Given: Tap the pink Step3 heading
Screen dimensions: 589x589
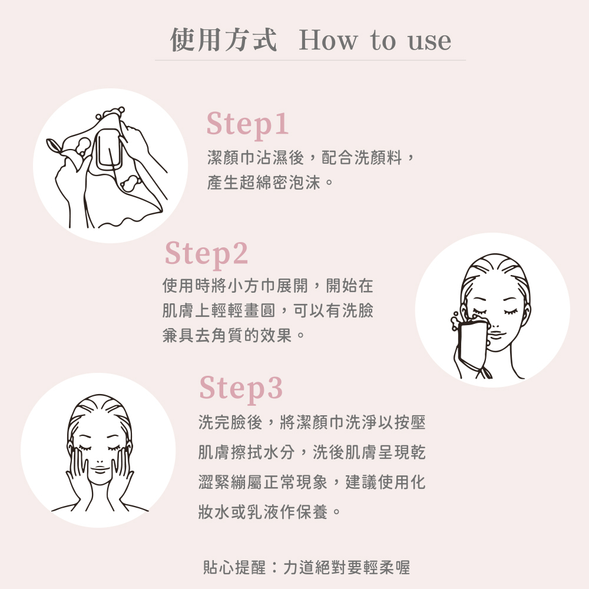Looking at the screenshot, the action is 241,389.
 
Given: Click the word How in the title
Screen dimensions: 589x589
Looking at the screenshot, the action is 328,40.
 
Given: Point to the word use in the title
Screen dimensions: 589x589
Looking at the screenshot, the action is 429,41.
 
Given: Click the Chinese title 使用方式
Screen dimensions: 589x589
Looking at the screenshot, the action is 223,39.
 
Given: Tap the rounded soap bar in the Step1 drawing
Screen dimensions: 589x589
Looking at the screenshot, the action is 108,150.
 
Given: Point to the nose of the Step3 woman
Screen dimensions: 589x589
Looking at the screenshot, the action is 100,460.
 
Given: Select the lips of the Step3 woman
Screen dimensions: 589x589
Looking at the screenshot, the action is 100,469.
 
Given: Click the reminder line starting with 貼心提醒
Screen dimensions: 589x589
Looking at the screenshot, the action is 306,567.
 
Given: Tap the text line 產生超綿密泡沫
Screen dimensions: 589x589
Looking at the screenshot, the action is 270,183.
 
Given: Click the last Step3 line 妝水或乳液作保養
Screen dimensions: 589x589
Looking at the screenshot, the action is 269,512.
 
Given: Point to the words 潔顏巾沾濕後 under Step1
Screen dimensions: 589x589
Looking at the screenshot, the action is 256,157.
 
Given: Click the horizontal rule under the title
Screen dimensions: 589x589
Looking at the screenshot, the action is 310,60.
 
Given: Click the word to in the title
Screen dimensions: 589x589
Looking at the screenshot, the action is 383,41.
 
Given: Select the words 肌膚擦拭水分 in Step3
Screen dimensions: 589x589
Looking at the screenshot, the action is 246,452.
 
